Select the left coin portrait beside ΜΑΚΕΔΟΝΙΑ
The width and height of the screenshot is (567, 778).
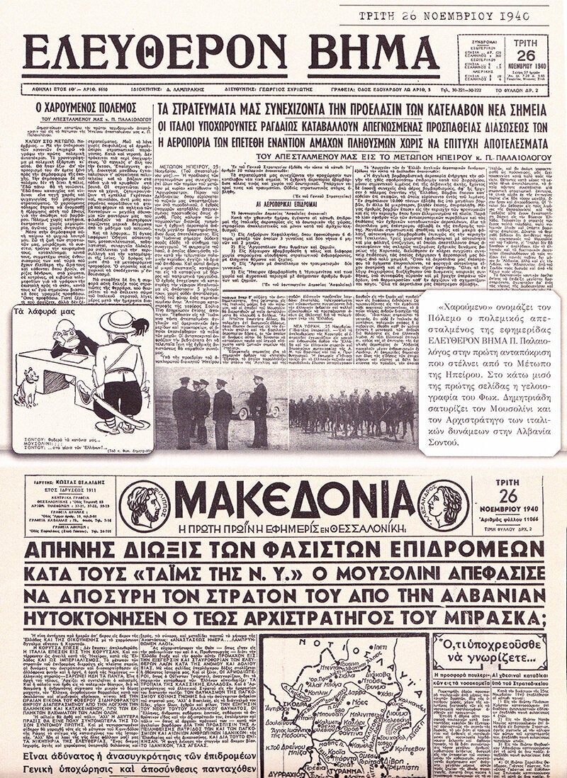click(145, 505)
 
